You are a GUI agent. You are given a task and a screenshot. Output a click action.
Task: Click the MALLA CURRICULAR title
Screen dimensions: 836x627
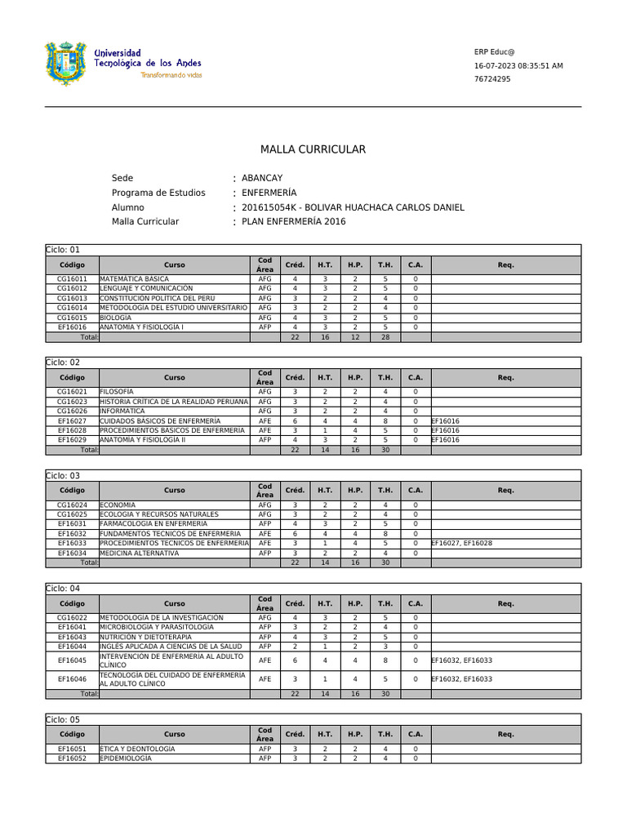coord(313,149)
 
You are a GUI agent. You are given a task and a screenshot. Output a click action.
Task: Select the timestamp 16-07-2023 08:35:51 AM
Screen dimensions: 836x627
coord(518,65)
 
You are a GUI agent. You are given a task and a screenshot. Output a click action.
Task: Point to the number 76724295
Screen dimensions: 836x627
coord(492,79)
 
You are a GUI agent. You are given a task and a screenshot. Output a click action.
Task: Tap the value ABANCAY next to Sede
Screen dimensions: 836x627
coord(262,178)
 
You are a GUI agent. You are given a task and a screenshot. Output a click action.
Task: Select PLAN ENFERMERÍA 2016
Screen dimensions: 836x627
coord(294,221)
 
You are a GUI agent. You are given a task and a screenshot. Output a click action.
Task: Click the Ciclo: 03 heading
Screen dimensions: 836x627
coord(64,475)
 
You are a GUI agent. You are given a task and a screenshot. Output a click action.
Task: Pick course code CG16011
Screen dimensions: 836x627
coord(72,278)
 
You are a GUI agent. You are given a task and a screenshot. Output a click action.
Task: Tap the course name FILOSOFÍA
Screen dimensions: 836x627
coord(117,392)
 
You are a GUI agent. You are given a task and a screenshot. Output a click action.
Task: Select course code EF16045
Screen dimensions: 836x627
coord(72,660)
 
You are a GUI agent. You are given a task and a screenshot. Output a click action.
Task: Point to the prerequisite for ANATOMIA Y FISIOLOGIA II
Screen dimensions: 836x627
coord(446,439)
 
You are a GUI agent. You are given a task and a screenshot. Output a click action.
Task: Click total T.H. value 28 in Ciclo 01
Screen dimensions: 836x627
coord(385,336)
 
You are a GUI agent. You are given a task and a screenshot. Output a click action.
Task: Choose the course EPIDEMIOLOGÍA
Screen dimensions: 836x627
coord(126,758)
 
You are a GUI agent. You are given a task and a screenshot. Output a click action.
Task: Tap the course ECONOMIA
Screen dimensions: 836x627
coord(118,505)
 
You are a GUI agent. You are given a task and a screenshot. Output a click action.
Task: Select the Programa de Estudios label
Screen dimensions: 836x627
coord(158,193)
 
